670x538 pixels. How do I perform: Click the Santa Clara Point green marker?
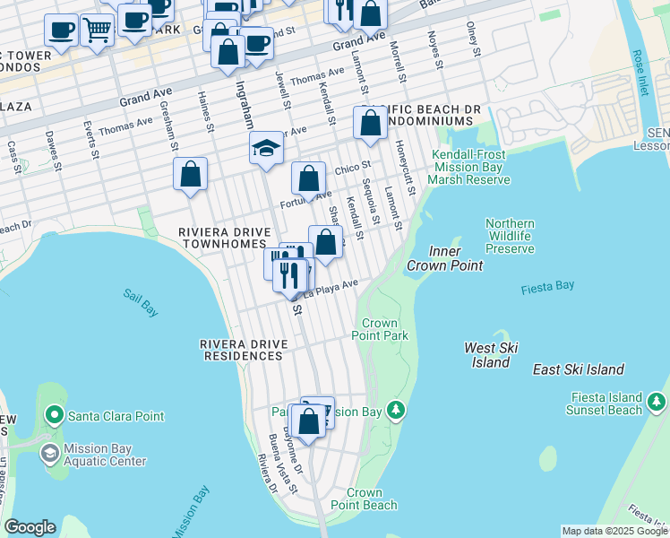[x=54, y=416]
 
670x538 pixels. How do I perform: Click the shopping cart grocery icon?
[x=97, y=30]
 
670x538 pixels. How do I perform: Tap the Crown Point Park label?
[x=384, y=329]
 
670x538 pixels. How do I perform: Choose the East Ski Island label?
[x=578, y=369]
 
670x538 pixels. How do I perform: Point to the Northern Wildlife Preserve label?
[x=510, y=236]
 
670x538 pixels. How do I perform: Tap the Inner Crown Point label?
[x=444, y=258]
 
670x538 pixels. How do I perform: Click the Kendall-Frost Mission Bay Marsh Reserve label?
[x=468, y=167]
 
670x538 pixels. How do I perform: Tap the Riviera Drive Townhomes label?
[x=223, y=238]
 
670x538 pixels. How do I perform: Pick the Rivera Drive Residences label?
[x=241, y=350]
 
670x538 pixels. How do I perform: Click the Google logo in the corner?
[x=30, y=527]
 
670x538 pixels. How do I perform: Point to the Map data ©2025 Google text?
[x=614, y=531]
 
